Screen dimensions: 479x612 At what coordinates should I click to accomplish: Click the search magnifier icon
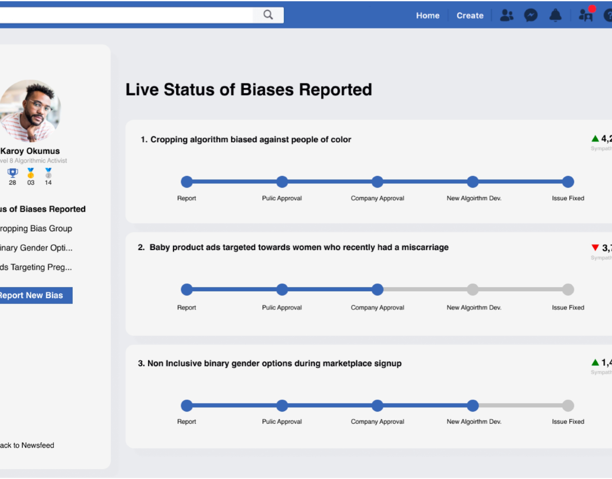[x=268, y=15]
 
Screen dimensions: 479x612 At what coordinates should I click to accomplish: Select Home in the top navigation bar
[x=427, y=16]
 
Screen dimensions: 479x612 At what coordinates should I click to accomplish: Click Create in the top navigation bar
[x=470, y=16]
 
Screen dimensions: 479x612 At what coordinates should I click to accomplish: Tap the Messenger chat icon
[x=531, y=15]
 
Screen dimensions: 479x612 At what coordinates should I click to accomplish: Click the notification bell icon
[x=555, y=15]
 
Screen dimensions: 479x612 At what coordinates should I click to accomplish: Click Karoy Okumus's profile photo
[x=30, y=111]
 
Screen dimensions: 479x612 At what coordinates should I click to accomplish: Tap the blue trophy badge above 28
[x=13, y=172]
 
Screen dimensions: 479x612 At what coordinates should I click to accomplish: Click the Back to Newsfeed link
[x=27, y=445]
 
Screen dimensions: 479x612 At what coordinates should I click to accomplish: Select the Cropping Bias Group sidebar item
[x=36, y=229]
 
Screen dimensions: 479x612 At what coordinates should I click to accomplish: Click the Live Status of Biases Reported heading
[x=248, y=90]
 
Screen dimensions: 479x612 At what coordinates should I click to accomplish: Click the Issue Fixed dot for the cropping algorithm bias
[x=568, y=182]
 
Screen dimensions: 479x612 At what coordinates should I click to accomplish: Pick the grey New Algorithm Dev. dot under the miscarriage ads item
[x=473, y=289]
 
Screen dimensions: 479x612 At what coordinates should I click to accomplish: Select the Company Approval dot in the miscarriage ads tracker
[x=377, y=289]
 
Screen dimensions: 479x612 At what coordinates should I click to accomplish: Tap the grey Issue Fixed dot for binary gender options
[x=568, y=405]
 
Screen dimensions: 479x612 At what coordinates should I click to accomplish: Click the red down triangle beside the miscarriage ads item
[x=595, y=247]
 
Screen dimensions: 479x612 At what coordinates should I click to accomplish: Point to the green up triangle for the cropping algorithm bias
[x=595, y=139]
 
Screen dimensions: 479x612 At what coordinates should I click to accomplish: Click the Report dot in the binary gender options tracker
[x=187, y=405]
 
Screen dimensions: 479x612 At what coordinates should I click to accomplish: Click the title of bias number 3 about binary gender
[x=270, y=364]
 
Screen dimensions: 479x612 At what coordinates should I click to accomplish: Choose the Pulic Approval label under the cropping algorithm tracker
[x=282, y=198]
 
